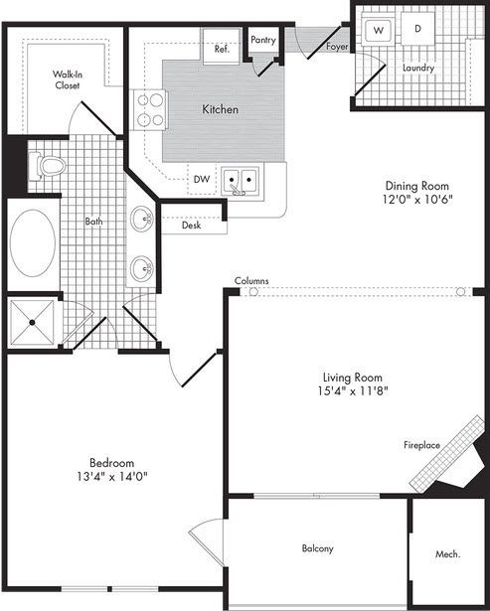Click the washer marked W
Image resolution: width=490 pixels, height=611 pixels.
click(379, 31)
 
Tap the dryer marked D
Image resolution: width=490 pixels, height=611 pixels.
click(417, 30)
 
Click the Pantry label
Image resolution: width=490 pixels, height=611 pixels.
click(263, 40)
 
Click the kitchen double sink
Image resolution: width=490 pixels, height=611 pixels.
click(241, 181)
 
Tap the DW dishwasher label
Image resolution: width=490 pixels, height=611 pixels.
click(201, 180)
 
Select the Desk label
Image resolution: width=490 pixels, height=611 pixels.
click(192, 226)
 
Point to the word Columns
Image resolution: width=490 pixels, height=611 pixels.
click(251, 281)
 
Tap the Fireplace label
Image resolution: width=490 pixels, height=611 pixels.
click(421, 445)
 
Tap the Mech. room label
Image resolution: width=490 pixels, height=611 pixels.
click(446, 554)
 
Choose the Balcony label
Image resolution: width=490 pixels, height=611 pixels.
click(317, 548)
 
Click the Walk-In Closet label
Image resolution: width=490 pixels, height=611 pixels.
click(69, 79)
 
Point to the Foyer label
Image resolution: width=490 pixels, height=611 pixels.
click(334, 47)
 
